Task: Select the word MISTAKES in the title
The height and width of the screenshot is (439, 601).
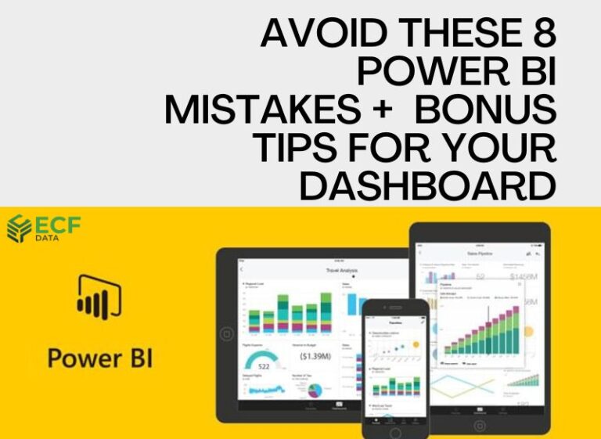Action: [257, 110]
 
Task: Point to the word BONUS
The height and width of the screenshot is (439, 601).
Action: [486, 110]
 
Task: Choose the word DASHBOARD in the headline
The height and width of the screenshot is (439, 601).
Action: [427, 186]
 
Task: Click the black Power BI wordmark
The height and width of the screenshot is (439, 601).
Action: [100, 360]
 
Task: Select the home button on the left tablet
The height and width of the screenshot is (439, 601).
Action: [226, 333]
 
